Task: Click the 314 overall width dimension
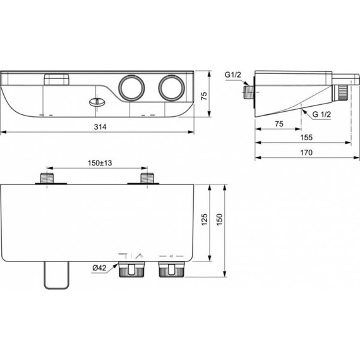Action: point(100,127)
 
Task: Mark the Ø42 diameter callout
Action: point(99,268)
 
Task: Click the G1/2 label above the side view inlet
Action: point(233,75)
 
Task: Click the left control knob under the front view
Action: point(130,270)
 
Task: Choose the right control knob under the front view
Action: point(170,270)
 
